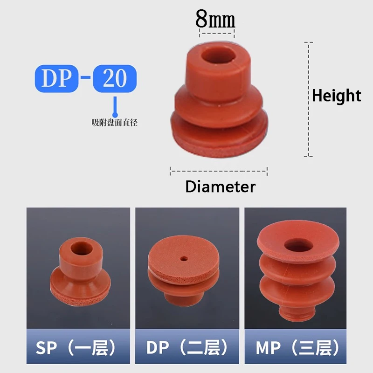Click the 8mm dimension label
215,19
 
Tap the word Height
336,96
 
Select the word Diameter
220,186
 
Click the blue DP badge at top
57,78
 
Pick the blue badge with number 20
115,78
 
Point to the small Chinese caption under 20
115,123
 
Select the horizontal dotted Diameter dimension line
218,170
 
